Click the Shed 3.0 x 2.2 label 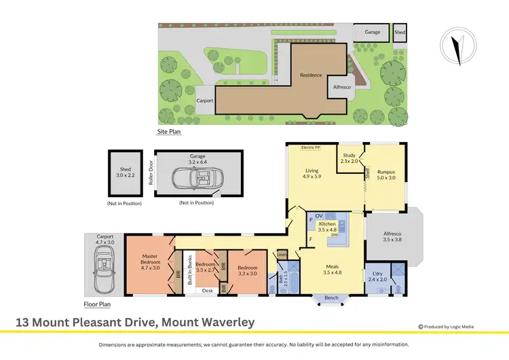pos(125,173)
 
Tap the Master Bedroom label pos(150,262)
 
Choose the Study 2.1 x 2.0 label pos(350,159)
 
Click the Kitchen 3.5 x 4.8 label pos(328,227)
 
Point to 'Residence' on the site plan pos(310,75)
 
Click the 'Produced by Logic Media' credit pos(449,325)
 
